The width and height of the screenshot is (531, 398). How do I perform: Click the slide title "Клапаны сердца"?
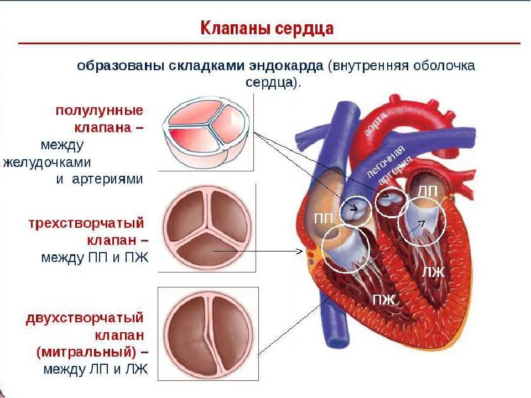(x=267, y=28)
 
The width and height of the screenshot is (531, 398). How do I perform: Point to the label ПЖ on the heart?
(x=384, y=300)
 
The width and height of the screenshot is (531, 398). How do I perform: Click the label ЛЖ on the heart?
(x=434, y=272)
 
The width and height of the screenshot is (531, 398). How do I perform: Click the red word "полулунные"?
(x=99, y=109)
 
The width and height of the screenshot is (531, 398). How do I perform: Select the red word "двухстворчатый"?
(x=85, y=318)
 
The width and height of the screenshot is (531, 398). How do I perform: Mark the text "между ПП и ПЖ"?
(x=95, y=258)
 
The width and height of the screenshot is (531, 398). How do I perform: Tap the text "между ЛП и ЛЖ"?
(x=95, y=369)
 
